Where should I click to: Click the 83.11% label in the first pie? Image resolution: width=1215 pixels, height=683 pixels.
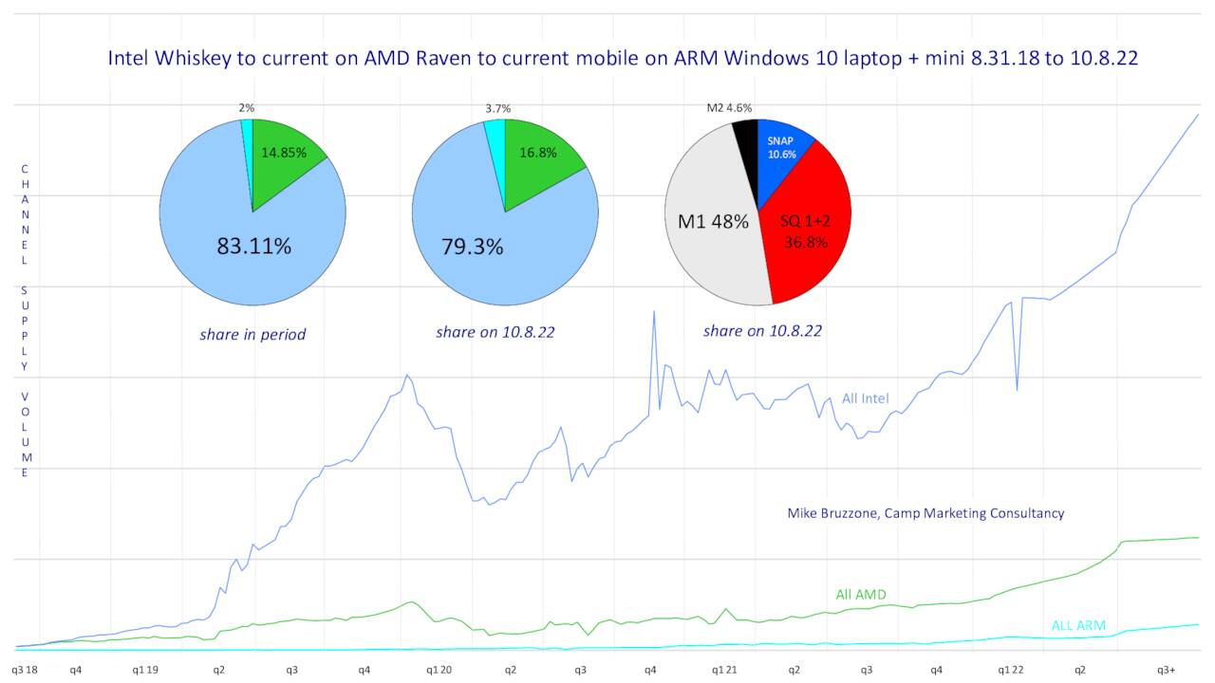pyautogui.click(x=253, y=247)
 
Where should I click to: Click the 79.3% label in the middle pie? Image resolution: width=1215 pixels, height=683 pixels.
pyautogui.click(x=472, y=247)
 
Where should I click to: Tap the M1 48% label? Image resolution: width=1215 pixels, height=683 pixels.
pyautogui.click(x=712, y=222)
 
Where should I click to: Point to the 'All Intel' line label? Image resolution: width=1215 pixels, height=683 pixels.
pyautogui.click(x=865, y=398)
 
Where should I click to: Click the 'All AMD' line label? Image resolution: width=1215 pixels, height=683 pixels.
pyautogui.click(x=860, y=595)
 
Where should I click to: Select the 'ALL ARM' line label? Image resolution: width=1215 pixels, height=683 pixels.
pyautogui.click(x=1078, y=625)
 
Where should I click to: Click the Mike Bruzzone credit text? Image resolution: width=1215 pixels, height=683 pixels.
pyautogui.click(x=925, y=513)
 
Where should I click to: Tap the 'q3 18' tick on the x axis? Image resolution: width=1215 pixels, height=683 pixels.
pyautogui.click(x=26, y=670)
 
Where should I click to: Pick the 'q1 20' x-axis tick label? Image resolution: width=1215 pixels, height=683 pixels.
pyautogui.click(x=439, y=670)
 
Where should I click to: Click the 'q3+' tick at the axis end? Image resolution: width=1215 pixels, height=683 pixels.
pyautogui.click(x=1166, y=670)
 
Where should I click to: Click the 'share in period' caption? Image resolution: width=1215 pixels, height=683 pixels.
pyautogui.click(x=252, y=334)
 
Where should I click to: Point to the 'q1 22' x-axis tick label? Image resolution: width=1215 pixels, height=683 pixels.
pyautogui.click(x=1011, y=670)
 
